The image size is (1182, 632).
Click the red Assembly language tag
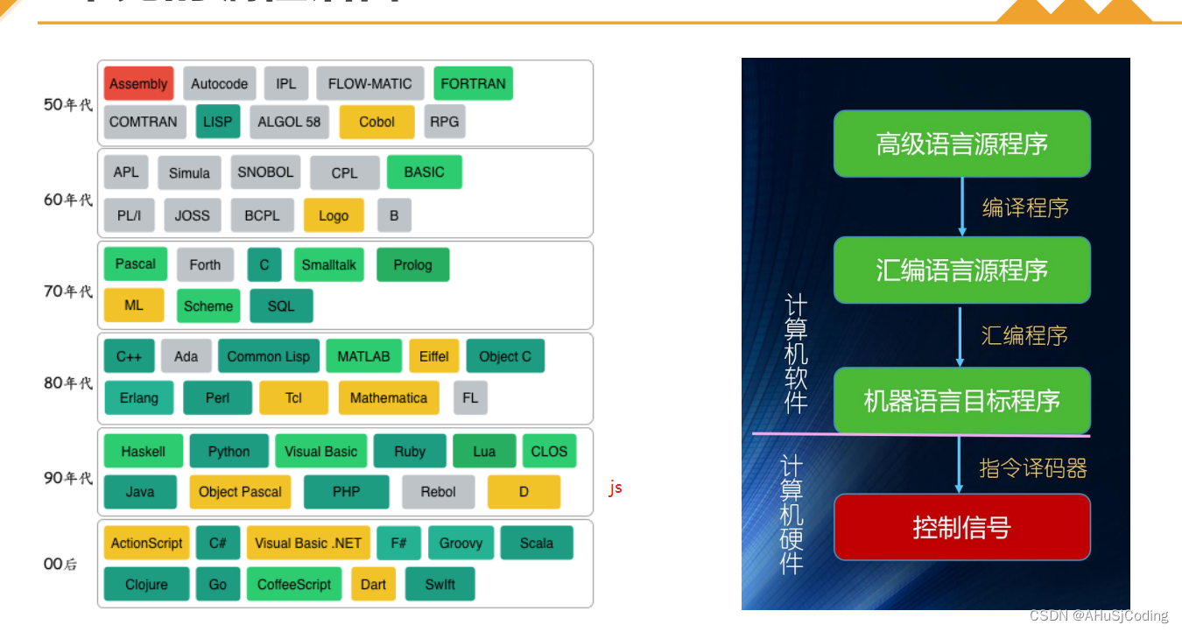coord(138,83)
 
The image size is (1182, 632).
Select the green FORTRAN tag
coord(473,83)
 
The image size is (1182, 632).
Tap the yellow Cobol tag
coord(376,122)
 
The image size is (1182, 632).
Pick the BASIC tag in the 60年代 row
coord(424,172)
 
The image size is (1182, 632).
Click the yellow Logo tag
coord(334,215)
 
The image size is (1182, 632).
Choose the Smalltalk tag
coord(328,264)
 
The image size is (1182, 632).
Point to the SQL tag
coord(281,305)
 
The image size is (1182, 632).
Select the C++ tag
coord(129,356)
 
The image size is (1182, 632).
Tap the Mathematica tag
coord(388,397)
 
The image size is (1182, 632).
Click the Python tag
coord(229,451)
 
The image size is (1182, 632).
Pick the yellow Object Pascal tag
coord(240,491)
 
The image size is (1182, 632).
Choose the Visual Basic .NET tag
coord(308,543)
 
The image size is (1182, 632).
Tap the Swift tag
coord(440,584)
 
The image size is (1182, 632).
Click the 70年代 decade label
coord(67,291)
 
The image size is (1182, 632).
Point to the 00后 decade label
coord(60,564)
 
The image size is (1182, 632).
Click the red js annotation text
coord(616,488)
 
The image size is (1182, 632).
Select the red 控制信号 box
coord(961,527)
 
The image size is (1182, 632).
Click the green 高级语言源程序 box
coord(961,143)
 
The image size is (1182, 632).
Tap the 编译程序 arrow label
coord(1024,207)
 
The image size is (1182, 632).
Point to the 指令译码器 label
coord(1032,468)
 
